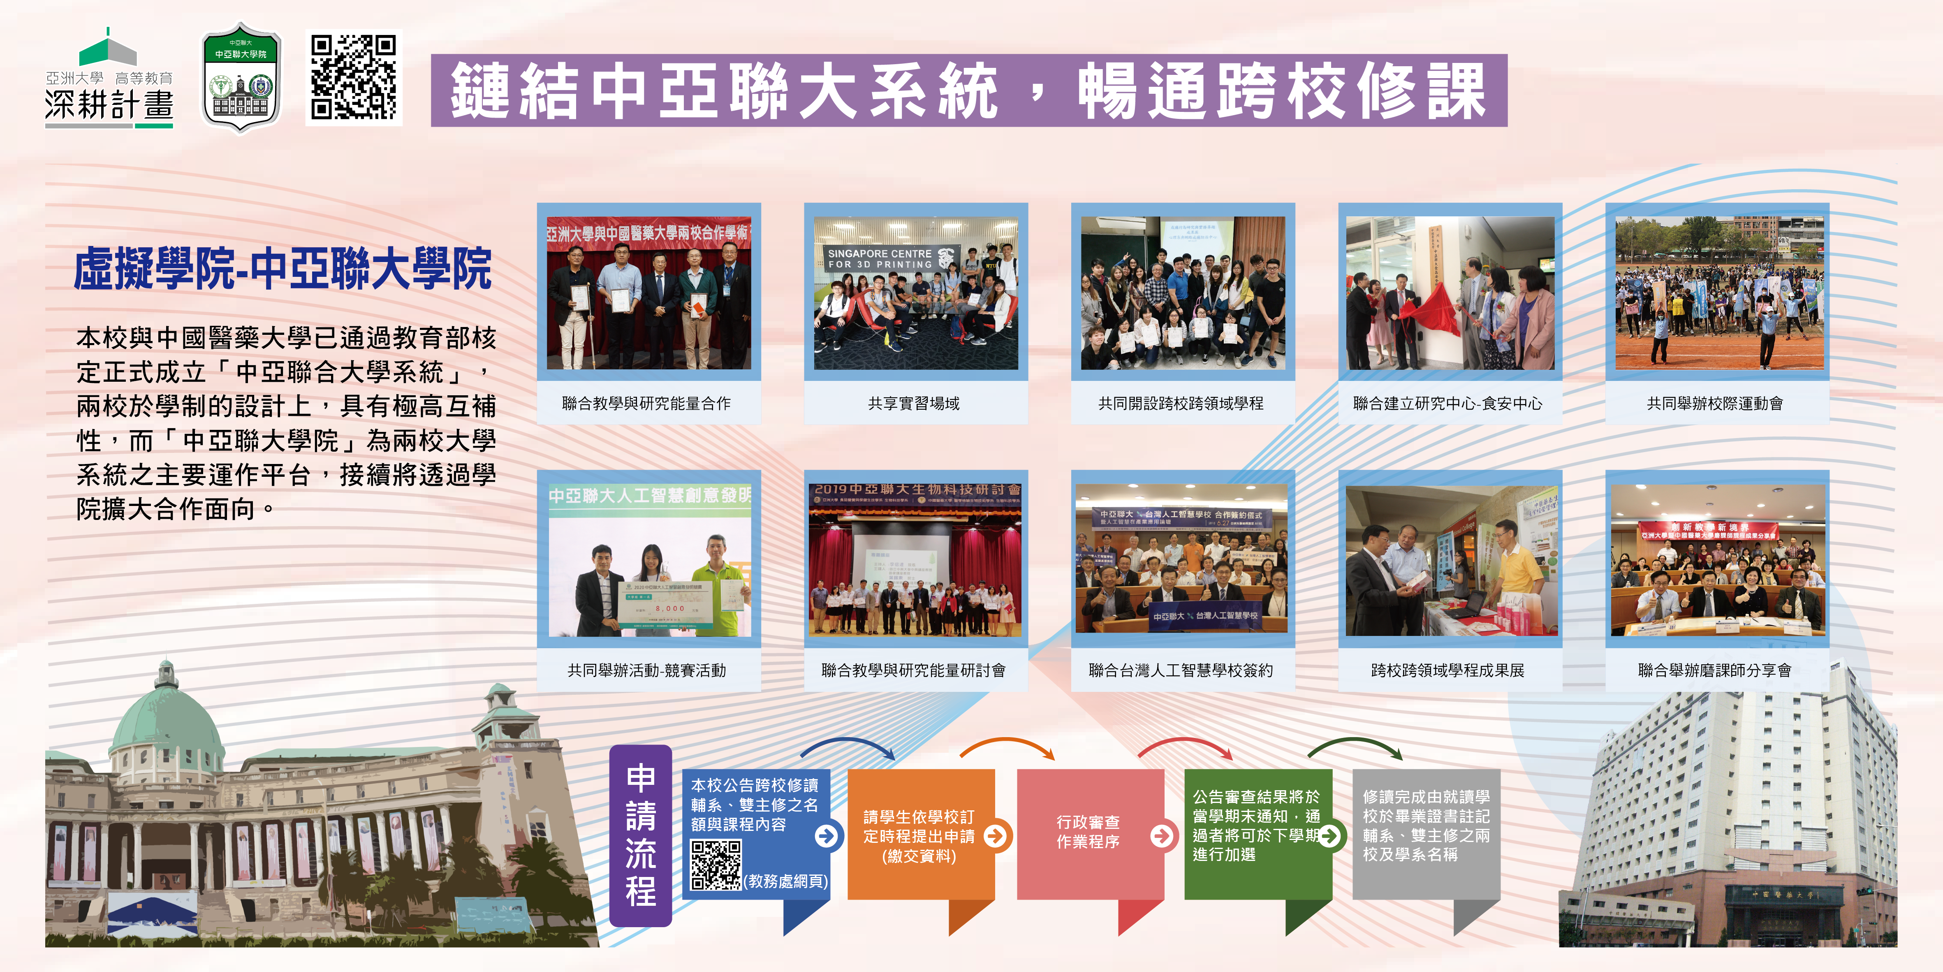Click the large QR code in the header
(354, 78)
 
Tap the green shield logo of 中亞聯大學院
(241, 78)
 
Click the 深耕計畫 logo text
(109, 104)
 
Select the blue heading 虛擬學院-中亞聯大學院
(283, 269)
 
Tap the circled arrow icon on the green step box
(1331, 835)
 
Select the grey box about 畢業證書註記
(1426, 826)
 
